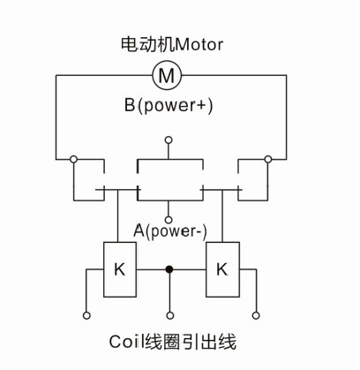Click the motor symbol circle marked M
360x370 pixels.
click(x=166, y=76)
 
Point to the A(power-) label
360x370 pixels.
click(x=170, y=231)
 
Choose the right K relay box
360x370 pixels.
click(x=221, y=267)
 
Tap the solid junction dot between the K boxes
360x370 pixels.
click(x=170, y=267)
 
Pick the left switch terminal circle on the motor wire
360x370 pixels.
click(x=73, y=159)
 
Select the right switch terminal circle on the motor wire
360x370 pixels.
click(x=267, y=159)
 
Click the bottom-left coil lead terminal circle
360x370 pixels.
click(x=86, y=314)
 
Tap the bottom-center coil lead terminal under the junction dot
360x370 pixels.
click(x=170, y=314)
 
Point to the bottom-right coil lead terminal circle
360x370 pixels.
click(x=256, y=314)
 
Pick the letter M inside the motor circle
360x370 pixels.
click(x=166, y=76)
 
